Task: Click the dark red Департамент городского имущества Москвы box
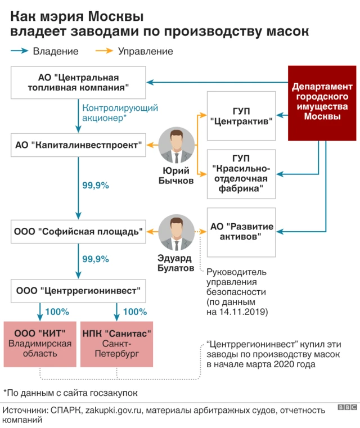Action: (x=322, y=102)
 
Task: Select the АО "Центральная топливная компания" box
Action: (x=79, y=83)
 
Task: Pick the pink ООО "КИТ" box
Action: (x=39, y=343)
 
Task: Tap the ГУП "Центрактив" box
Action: (x=241, y=115)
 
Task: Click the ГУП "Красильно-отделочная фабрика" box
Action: (x=241, y=174)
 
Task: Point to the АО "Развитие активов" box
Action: (x=241, y=231)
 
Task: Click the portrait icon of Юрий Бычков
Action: (x=177, y=144)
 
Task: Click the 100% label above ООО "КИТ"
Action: (x=57, y=311)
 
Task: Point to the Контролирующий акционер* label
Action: (x=120, y=113)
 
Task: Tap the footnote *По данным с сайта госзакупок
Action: (x=70, y=392)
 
